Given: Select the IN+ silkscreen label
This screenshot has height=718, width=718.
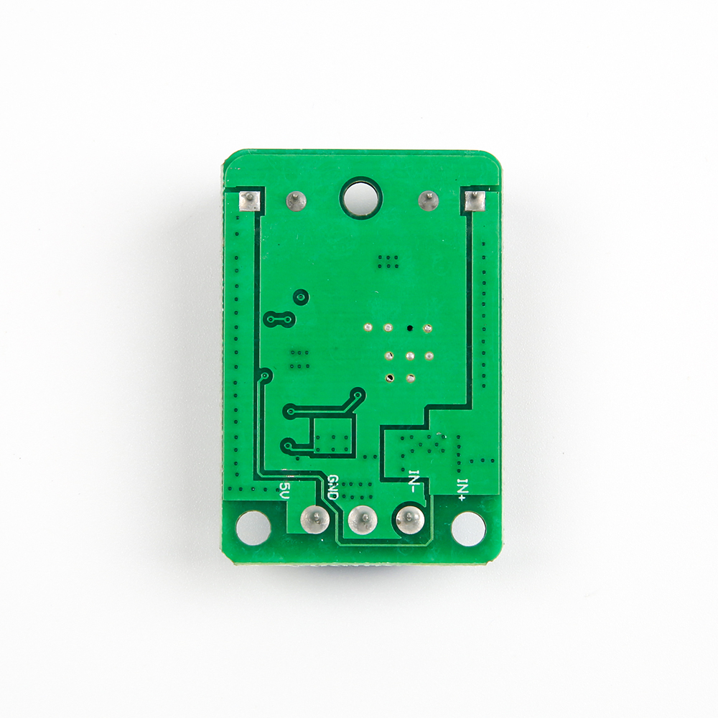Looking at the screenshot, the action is pos(462,489).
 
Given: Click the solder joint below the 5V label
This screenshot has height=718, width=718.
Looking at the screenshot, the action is pos(314,519).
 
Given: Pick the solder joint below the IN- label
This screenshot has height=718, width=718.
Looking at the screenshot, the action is pos(410,519).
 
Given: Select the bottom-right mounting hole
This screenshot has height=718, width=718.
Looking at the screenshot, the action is pos(468,528).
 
